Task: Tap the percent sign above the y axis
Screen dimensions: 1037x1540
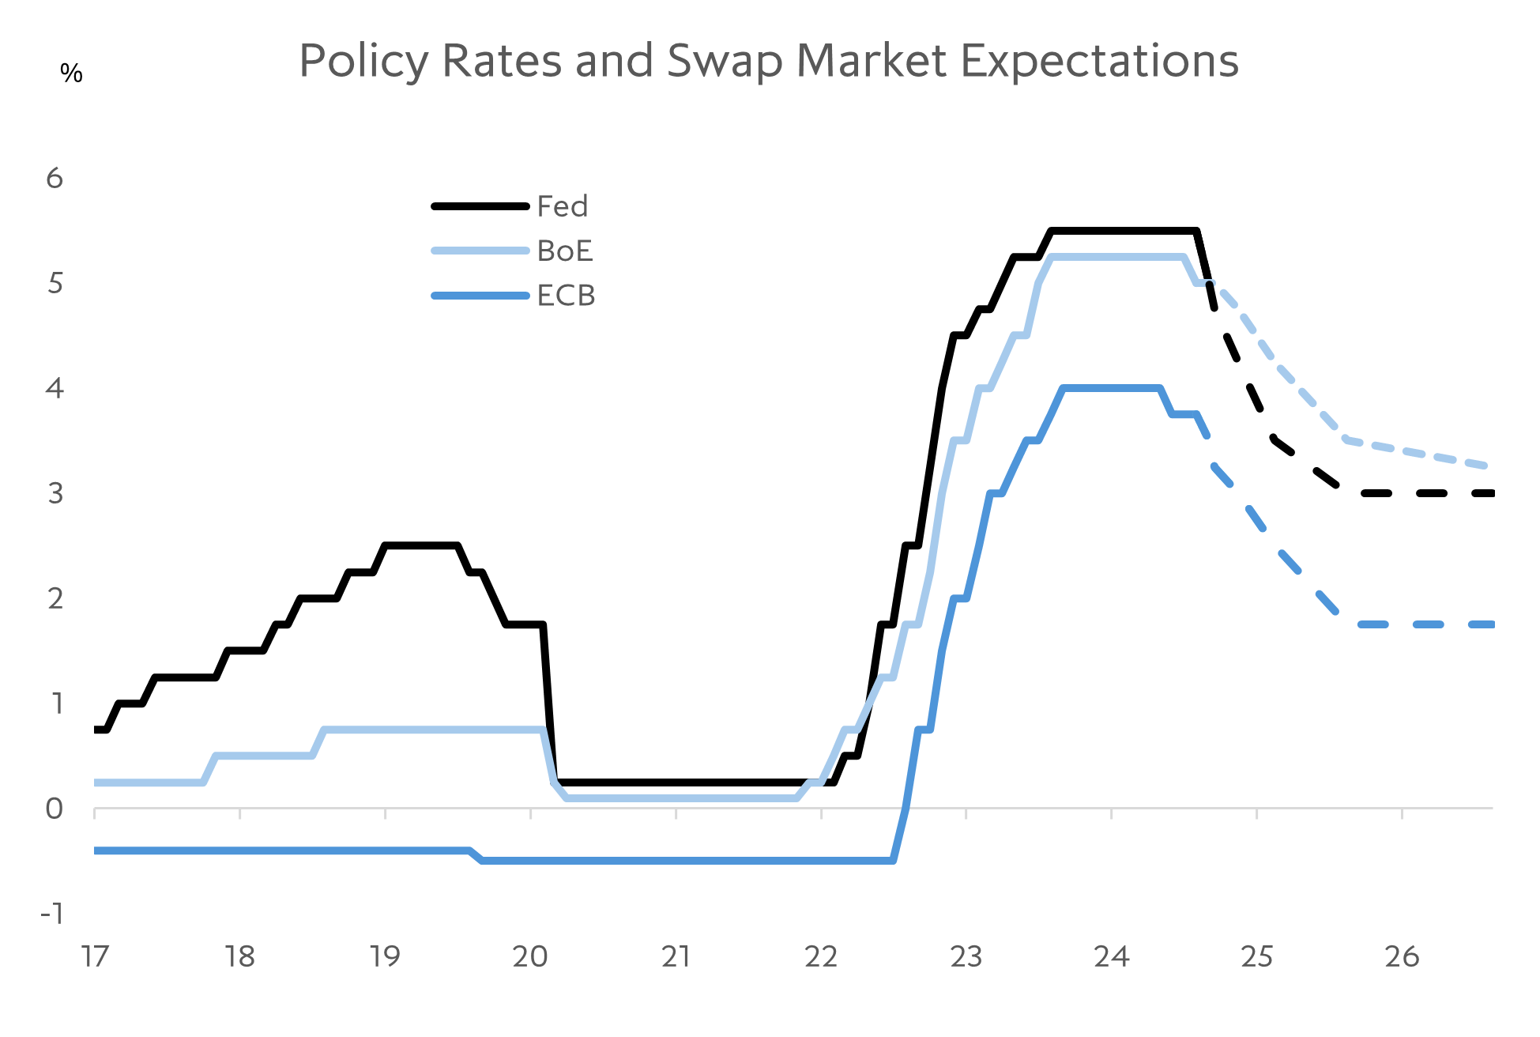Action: [x=71, y=74]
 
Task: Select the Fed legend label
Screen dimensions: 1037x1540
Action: [x=562, y=206]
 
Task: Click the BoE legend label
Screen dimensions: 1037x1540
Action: [x=564, y=251]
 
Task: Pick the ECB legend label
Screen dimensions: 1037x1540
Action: [x=566, y=296]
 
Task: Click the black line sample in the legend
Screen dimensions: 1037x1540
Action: [x=480, y=206]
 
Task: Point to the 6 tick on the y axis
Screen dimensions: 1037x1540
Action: [x=55, y=179]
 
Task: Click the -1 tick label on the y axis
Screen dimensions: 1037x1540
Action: [x=52, y=914]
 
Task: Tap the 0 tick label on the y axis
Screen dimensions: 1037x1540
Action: [x=54, y=809]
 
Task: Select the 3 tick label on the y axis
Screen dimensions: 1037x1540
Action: [x=55, y=493]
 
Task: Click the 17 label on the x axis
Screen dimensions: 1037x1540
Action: [x=95, y=957]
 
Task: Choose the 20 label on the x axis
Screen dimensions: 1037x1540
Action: [x=530, y=957]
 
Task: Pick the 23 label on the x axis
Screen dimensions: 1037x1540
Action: [x=966, y=957]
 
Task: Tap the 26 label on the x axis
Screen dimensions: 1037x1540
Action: [x=1402, y=957]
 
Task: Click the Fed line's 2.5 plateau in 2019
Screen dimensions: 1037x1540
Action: [x=420, y=545]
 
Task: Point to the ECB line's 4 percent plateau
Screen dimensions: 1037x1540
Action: [x=1111, y=388]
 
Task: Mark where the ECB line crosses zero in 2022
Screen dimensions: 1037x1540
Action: [x=906, y=807]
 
